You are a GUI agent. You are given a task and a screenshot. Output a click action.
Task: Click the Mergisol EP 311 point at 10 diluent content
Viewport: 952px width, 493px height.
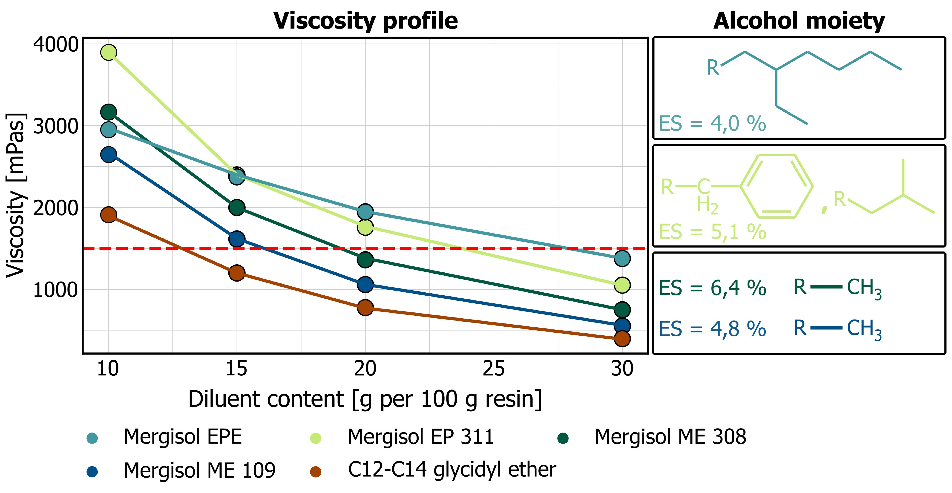pos(108,53)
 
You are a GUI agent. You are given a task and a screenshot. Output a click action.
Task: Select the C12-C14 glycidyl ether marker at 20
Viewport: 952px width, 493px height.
pos(365,307)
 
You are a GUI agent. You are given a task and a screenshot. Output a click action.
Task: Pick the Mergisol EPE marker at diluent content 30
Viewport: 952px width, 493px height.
pos(622,258)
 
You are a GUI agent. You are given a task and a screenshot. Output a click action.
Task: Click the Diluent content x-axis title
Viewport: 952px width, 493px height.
pos(365,399)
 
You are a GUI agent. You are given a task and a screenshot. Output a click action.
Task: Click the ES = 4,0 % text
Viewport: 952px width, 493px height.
pos(712,124)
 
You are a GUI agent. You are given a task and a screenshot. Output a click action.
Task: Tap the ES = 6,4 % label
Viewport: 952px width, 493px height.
pos(712,288)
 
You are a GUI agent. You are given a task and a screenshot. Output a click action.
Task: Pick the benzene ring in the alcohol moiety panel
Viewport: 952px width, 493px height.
pos(776,186)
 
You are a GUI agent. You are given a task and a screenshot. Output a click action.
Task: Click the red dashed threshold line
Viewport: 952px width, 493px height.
pos(406,248)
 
